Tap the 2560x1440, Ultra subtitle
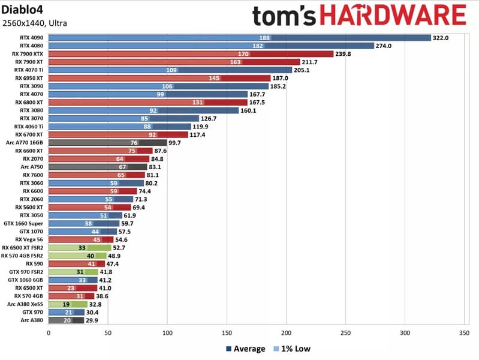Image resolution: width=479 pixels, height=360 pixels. [35, 23]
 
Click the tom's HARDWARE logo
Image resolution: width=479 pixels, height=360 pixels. [359, 16]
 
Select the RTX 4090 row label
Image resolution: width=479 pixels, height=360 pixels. [31, 37]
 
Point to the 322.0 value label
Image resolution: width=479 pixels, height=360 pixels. [442, 37]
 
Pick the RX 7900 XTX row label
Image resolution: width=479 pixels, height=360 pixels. [28, 53]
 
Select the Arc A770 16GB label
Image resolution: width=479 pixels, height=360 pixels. [25, 143]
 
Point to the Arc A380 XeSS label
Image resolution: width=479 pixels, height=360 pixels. [25, 304]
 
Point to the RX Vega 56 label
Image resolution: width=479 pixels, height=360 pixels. [28, 239]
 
